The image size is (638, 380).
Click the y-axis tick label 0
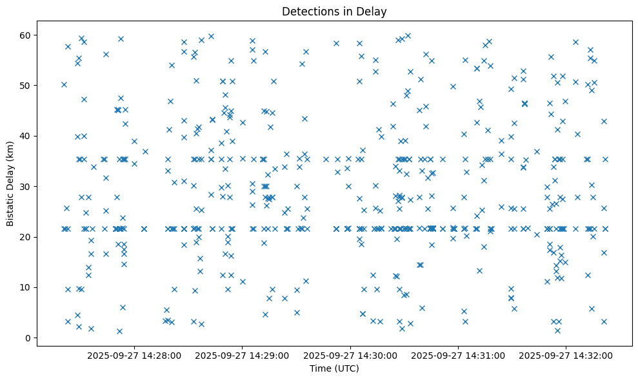click(28, 337)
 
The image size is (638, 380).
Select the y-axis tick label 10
click(26, 287)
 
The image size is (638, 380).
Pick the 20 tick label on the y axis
click(26, 237)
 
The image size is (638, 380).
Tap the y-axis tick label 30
click(26, 186)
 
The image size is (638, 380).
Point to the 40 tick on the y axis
click(26, 136)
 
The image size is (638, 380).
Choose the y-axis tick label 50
click(26, 85)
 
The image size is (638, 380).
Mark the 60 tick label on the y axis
click(26, 35)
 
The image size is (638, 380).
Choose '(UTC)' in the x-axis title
click(345, 368)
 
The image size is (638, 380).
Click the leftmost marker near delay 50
click(64, 84)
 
